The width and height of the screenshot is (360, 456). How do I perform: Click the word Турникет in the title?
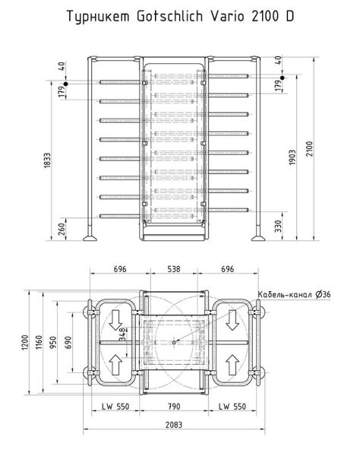(95, 16)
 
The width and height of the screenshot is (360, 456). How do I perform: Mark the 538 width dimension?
(175, 269)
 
